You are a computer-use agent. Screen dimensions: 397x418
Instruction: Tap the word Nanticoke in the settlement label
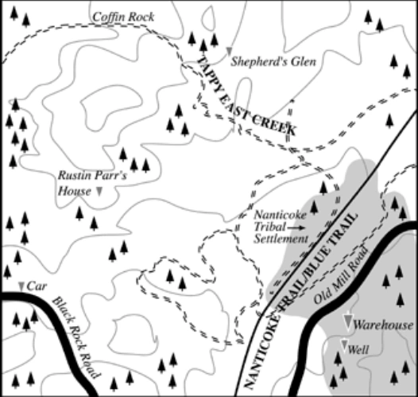click(x=279, y=214)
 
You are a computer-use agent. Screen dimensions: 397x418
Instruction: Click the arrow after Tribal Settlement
click(x=296, y=227)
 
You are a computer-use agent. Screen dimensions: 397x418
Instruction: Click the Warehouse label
click(x=384, y=325)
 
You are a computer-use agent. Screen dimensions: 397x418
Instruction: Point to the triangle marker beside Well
click(x=343, y=344)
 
